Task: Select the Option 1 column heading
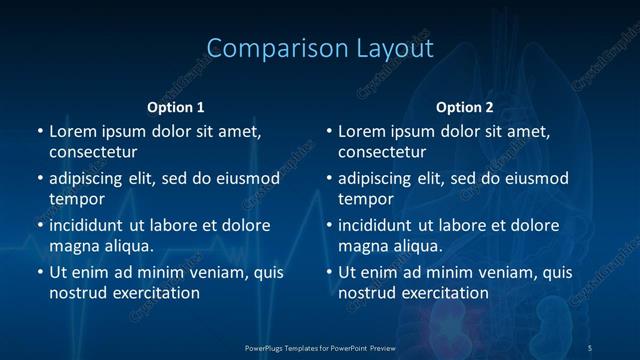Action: tap(176, 107)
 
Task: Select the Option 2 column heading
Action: tap(465, 107)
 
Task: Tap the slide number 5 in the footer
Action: tap(589, 347)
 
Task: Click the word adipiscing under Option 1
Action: tap(91, 178)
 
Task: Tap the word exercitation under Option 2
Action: tap(441, 293)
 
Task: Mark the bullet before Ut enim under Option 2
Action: tap(329, 272)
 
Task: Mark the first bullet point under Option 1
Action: tap(40, 131)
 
